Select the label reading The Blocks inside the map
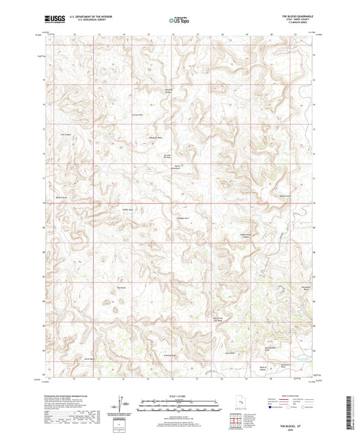(x=122, y=288)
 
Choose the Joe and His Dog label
(x=176, y=157)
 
